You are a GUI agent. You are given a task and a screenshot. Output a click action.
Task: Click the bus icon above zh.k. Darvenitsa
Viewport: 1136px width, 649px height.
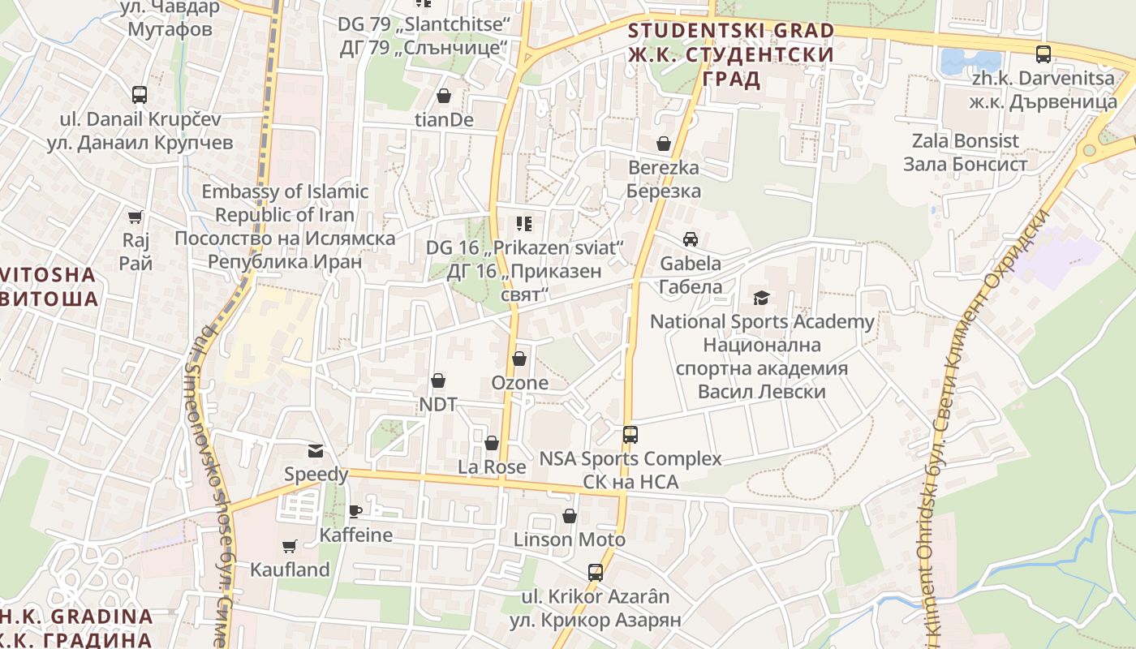pyautogui.click(x=1043, y=54)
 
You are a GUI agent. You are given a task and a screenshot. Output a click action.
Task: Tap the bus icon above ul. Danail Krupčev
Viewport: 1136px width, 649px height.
pyautogui.click(x=140, y=94)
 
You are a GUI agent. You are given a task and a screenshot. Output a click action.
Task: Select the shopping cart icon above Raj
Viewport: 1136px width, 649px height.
pyautogui.click(x=136, y=217)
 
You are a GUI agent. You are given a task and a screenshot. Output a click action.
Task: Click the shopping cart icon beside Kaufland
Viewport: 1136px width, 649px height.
pyautogui.click(x=290, y=546)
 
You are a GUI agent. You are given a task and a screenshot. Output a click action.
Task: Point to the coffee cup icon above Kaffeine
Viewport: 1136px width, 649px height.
pyautogui.click(x=355, y=510)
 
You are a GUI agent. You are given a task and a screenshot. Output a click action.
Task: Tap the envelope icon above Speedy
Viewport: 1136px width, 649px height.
pyautogui.click(x=316, y=450)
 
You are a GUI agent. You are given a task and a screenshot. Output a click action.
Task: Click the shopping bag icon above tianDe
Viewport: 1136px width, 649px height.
pyautogui.click(x=444, y=96)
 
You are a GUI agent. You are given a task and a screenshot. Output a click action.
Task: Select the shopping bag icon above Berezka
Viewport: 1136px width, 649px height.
pyautogui.click(x=664, y=144)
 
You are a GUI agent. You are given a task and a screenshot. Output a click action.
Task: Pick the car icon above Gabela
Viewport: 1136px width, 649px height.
pyautogui.click(x=691, y=239)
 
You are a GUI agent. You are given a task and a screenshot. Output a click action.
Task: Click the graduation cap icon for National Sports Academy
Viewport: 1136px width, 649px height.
pyautogui.click(x=761, y=298)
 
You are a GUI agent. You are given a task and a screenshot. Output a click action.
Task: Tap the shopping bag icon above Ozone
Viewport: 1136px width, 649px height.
pyautogui.click(x=519, y=359)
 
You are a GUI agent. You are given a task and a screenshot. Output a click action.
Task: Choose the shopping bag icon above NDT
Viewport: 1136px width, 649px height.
pyautogui.click(x=438, y=380)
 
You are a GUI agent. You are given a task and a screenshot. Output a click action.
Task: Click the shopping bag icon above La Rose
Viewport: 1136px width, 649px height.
pyautogui.click(x=492, y=443)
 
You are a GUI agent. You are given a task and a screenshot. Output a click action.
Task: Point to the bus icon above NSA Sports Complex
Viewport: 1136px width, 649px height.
pyautogui.click(x=630, y=434)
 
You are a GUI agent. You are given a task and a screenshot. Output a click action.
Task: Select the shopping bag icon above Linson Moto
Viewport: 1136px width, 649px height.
pyautogui.click(x=570, y=516)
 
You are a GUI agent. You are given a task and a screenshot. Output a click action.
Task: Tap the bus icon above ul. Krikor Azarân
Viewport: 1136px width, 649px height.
pyautogui.click(x=596, y=573)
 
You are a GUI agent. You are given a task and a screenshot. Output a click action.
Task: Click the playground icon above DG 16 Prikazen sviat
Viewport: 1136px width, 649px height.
pyautogui.click(x=524, y=223)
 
